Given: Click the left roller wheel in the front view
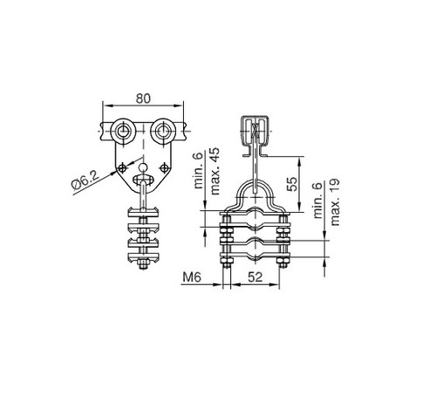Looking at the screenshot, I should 120,133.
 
